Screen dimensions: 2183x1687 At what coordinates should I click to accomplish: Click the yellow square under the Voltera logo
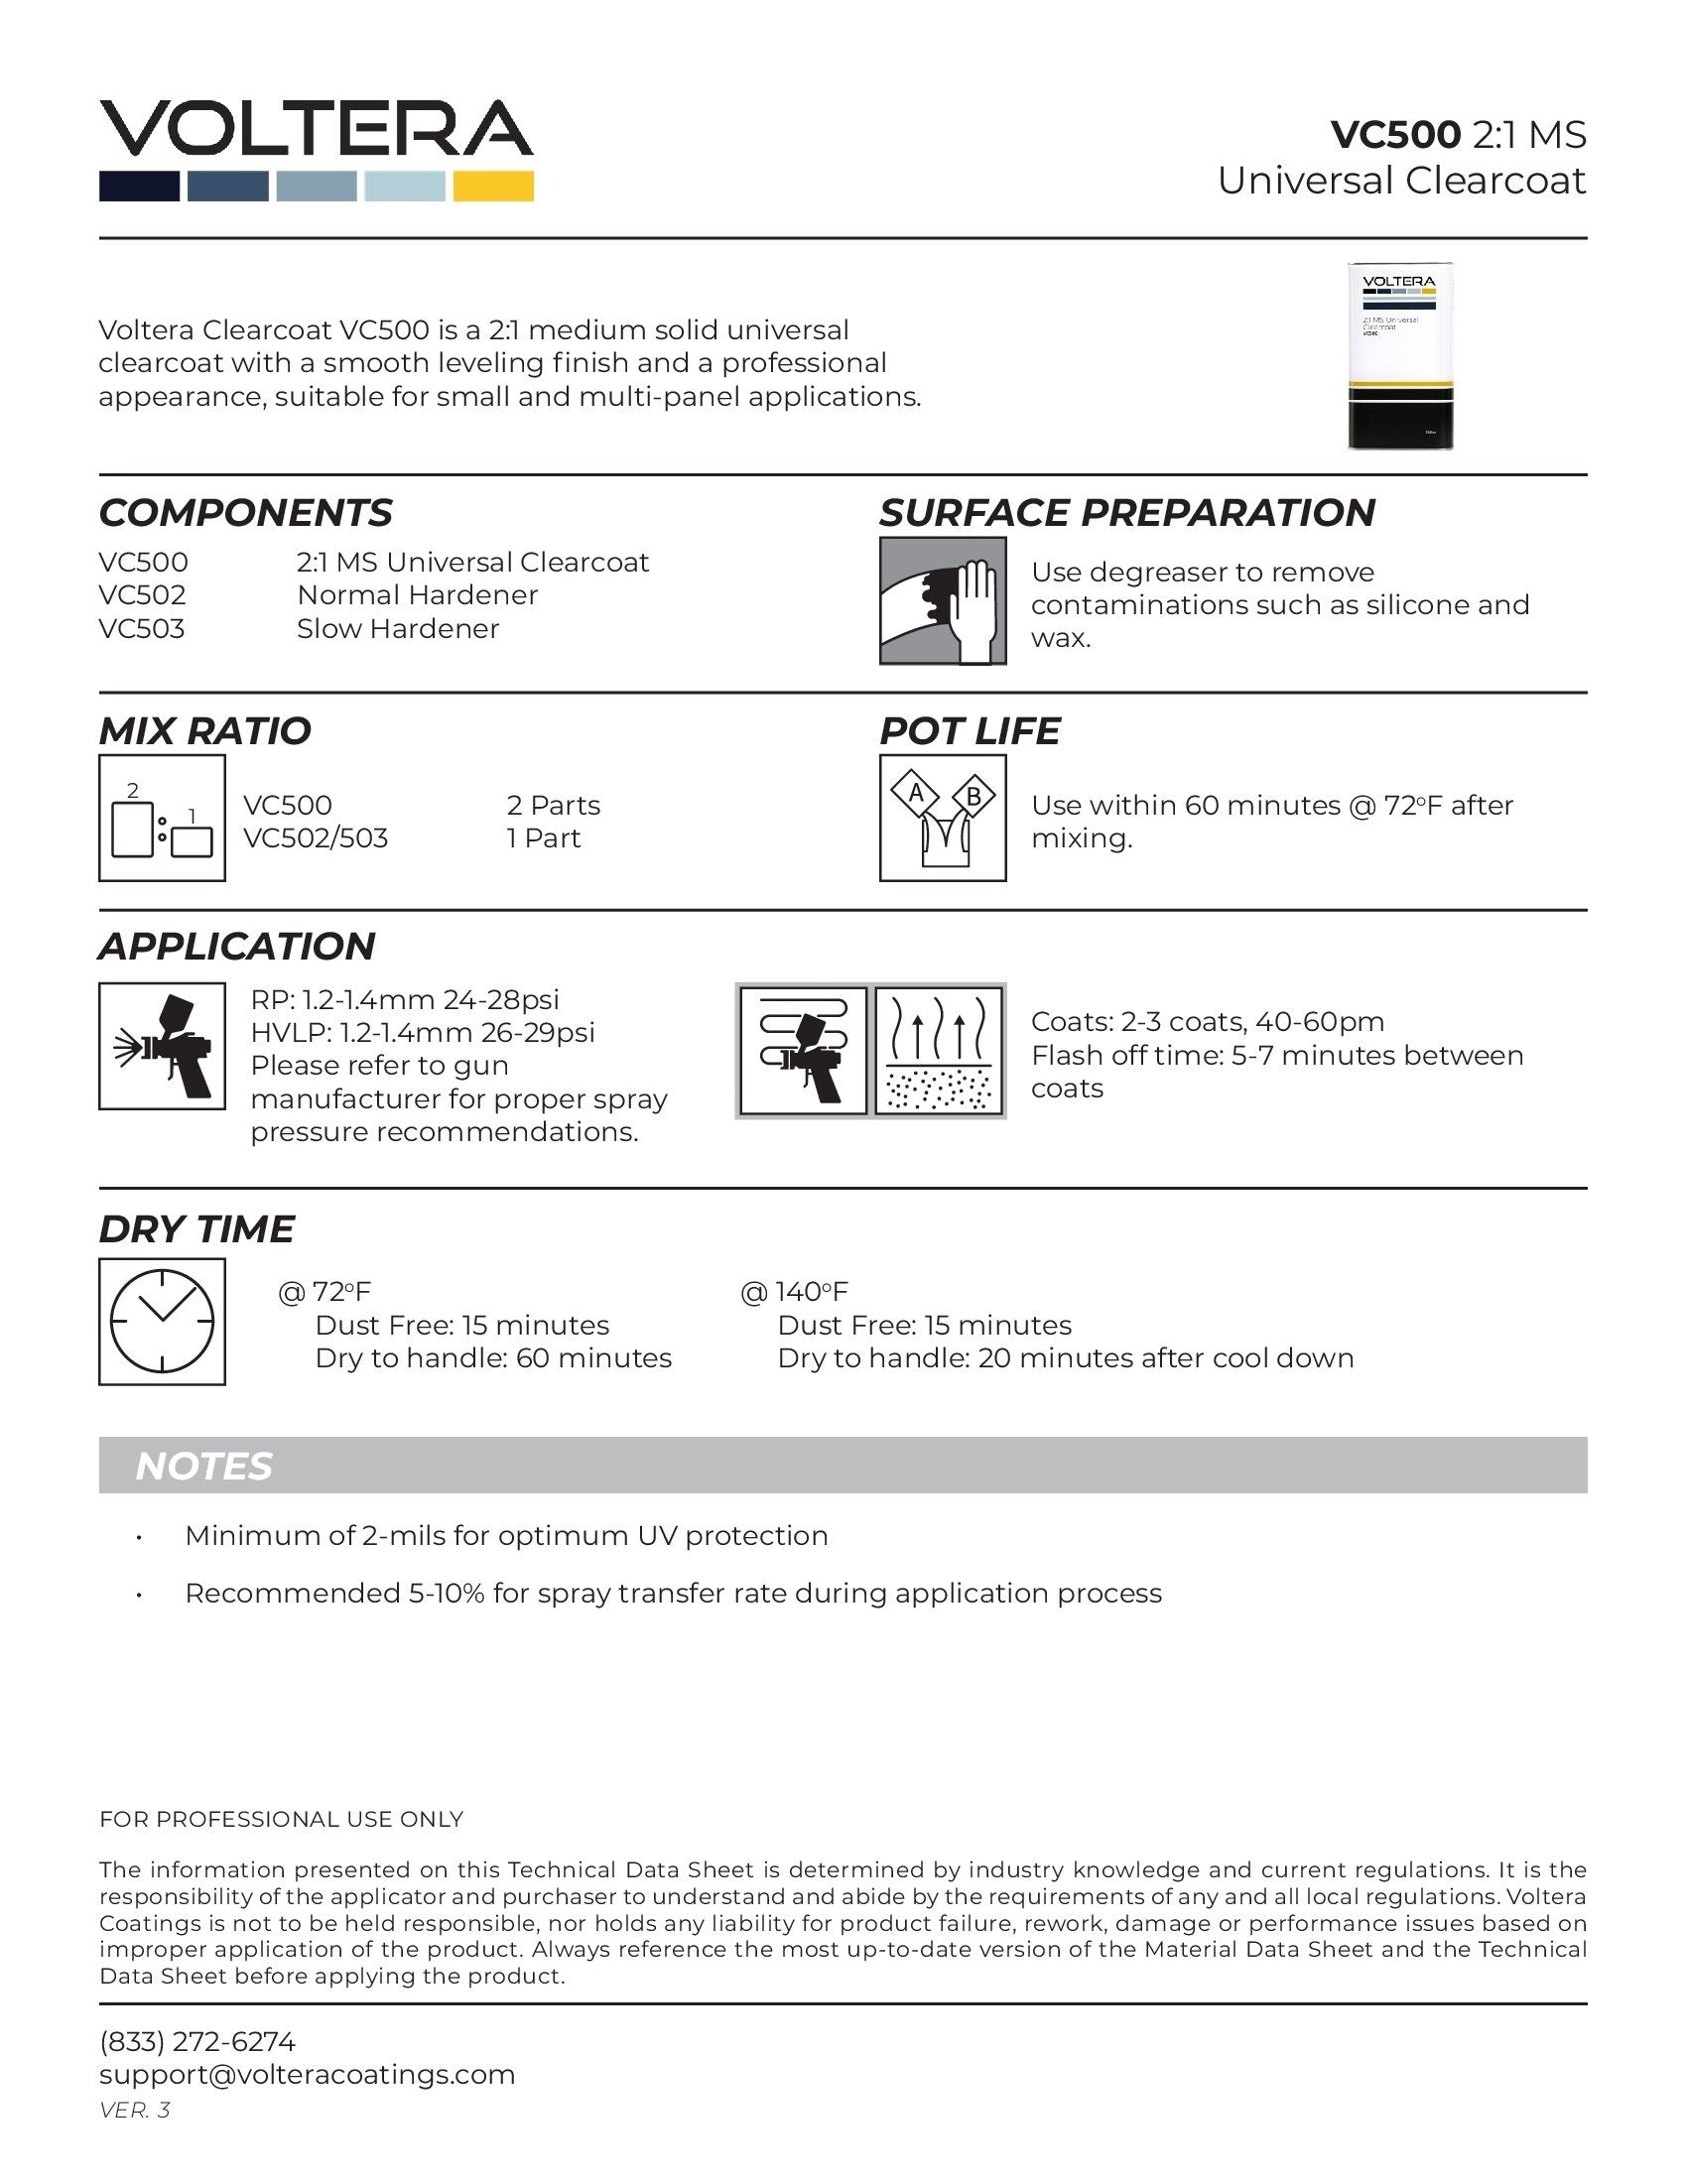coord(493,186)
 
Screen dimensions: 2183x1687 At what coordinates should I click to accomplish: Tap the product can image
coord(1399,356)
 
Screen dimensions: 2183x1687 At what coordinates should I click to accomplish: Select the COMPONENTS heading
coord(245,513)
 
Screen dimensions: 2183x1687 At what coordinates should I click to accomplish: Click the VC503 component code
coord(142,629)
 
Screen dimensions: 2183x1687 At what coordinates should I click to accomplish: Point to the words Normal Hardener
coord(417,594)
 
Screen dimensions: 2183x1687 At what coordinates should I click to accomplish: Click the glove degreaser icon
coord(943,600)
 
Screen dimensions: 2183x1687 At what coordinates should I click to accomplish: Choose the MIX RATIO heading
coord(204,730)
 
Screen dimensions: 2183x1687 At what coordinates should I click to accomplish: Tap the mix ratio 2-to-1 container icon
coord(162,818)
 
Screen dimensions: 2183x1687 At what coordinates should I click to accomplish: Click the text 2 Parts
coord(553,805)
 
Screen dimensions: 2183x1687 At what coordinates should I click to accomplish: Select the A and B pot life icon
coord(943,818)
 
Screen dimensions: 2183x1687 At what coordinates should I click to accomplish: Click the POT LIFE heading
coord(969,730)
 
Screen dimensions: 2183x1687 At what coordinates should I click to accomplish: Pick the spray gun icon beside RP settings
coord(162,1046)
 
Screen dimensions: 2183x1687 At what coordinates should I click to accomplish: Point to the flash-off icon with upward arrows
coord(940,1050)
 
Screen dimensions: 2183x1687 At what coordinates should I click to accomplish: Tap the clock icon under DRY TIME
coord(162,1322)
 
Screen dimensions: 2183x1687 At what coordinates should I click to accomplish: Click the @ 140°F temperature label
coord(794,1291)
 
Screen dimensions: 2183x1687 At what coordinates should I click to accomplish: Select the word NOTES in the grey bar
coord(202,1466)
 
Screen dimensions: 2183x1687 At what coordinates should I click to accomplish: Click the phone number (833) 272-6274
coord(196,2041)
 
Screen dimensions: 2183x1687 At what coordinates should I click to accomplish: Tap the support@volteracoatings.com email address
coord(307,2074)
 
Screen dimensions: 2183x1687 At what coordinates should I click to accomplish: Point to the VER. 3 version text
coord(135,2109)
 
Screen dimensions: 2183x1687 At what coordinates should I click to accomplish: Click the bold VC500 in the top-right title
coord(1395,134)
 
